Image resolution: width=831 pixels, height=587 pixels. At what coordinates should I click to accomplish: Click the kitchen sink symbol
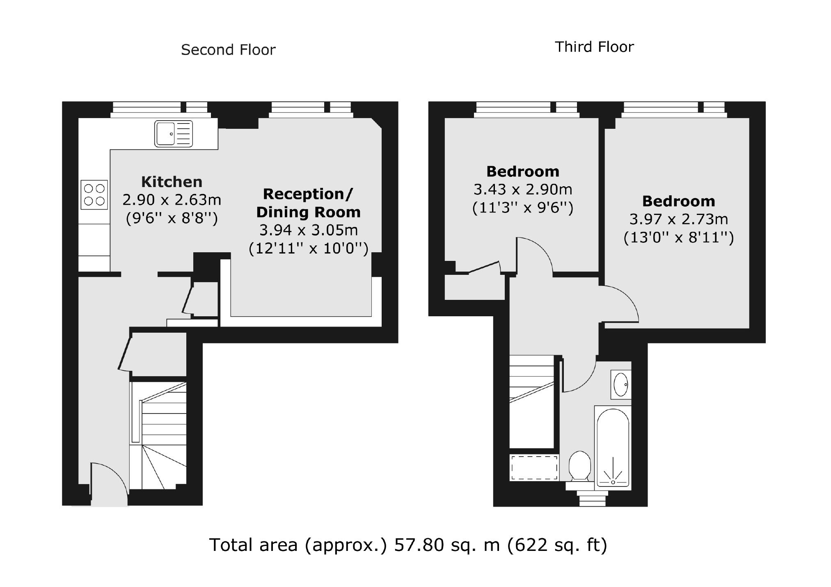pos(174,134)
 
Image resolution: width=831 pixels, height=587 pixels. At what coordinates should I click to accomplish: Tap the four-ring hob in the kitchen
pos(94,195)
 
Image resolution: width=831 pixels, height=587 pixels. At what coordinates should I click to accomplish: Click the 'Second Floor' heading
pos(228,50)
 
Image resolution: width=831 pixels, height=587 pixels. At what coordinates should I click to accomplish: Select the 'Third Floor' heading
pos(594,47)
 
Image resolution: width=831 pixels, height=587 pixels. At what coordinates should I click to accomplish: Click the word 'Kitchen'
pos(172,182)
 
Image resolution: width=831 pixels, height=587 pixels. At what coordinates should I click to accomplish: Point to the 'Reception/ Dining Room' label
pos(308,203)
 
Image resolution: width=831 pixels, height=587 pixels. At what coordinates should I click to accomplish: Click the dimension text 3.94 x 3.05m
pos(308,230)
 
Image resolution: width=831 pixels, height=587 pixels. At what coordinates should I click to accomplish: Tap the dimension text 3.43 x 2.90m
pos(522,190)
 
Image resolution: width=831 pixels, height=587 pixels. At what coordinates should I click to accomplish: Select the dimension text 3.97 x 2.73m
pos(678,219)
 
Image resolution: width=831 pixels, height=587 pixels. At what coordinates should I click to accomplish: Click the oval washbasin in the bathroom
pos(620,384)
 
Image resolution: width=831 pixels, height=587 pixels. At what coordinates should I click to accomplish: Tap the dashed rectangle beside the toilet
pos(534,468)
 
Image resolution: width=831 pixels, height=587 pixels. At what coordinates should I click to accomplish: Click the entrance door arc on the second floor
pos(109,480)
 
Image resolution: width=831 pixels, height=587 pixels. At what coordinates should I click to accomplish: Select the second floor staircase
pos(158,435)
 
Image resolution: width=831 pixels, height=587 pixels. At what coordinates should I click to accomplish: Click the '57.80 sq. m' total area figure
pos(446,545)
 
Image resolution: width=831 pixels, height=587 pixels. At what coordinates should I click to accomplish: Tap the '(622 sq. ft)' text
pos(557,545)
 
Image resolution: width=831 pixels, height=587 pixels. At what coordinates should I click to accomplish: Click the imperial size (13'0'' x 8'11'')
pos(678,238)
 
